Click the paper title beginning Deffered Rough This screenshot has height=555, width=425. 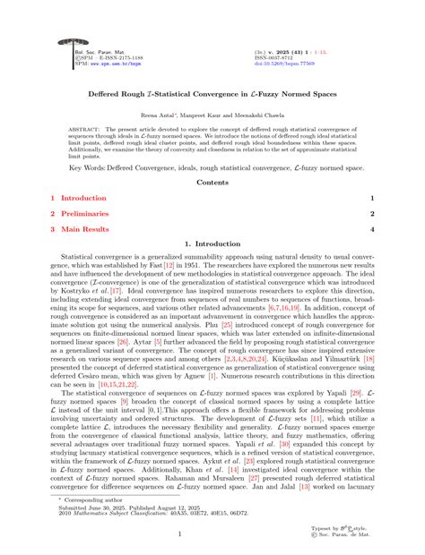click(x=212, y=92)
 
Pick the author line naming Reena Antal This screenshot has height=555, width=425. click(x=212, y=116)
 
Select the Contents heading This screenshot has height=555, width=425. click(x=212, y=182)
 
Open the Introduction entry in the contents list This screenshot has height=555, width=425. click(x=82, y=198)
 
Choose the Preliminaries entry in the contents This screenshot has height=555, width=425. click(x=84, y=214)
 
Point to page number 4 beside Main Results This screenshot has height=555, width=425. click(x=372, y=230)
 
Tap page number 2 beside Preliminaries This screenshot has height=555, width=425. click(x=372, y=214)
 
